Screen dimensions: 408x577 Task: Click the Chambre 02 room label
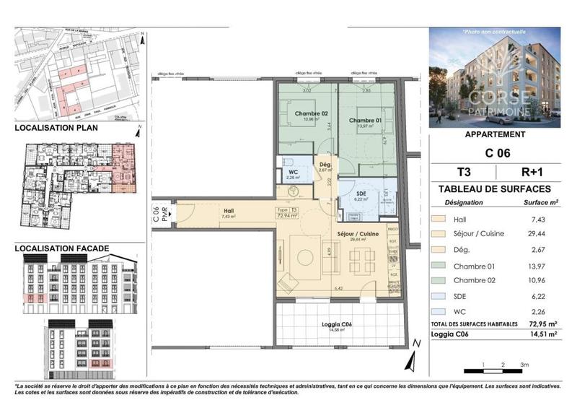(311, 113)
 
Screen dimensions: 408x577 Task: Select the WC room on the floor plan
(292, 172)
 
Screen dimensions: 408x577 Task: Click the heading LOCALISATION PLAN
(56, 128)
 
